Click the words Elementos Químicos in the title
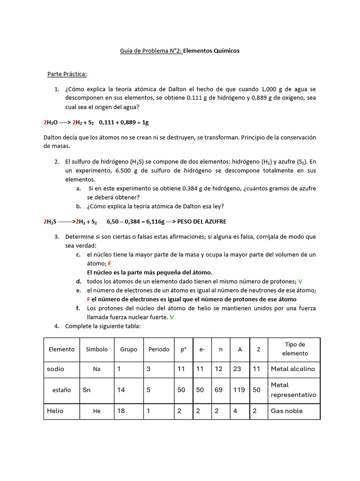click(x=211, y=51)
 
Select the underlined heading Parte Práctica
click(x=67, y=74)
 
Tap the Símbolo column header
click(x=97, y=349)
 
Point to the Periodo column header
click(x=159, y=349)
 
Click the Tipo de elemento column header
click(x=295, y=349)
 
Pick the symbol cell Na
click(x=97, y=369)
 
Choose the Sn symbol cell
click(x=87, y=390)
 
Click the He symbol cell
click(x=97, y=411)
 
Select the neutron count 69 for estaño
click(x=219, y=390)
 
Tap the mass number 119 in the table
click(x=239, y=390)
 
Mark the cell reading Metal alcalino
click(x=293, y=369)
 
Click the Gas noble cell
click(x=287, y=411)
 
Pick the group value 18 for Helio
click(x=121, y=411)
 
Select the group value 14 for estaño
click(x=121, y=390)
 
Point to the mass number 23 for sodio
click(x=237, y=369)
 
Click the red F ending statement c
click(x=109, y=264)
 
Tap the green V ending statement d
click(x=300, y=281)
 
